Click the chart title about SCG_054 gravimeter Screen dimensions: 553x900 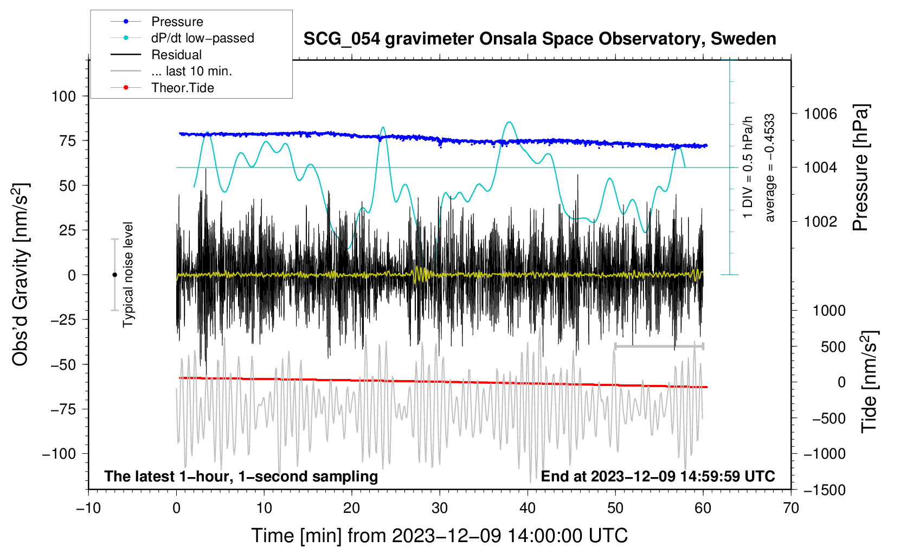[x=539, y=39]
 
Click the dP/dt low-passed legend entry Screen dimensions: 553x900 [x=202, y=38]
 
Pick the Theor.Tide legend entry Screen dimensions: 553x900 [x=182, y=88]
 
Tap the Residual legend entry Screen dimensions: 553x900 [x=176, y=55]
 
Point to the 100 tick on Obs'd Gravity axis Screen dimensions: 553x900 [x=63, y=96]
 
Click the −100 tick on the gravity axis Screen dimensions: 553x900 [x=59, y=453]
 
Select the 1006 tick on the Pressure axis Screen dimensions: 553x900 [x=820, y=114]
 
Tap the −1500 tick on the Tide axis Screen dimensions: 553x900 [x=825, y=490]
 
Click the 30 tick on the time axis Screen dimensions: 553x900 [x=440, y=508]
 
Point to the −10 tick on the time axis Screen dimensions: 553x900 [x=88, y=508]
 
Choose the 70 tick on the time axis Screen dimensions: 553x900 [x=791, y=508]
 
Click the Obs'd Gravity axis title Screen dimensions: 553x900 [x=20, y=274]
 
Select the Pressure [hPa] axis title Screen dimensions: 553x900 [x=860, y=168]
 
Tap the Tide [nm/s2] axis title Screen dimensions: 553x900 [x=869, y=382]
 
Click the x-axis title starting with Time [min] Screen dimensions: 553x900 [x=440, y=536]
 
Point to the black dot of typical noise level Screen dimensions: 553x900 [x=114, y=275]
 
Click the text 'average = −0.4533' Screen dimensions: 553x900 [x=770, y=168]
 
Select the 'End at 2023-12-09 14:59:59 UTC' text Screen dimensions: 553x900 [x=658, y=476]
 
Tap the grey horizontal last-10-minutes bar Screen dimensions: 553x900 [x=659, y=346]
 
